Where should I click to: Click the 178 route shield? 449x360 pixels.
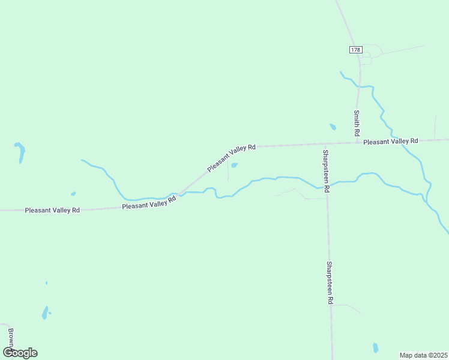355,50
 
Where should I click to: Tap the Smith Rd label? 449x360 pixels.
356,122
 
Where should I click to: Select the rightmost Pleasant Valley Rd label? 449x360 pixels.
391,141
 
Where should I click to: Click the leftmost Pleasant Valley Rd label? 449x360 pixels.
52,211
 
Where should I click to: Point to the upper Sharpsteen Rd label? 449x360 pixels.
325,170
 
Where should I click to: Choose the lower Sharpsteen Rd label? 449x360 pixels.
330,283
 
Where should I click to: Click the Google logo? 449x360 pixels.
20,353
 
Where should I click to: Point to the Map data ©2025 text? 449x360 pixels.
424,355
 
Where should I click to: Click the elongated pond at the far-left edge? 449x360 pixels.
21,152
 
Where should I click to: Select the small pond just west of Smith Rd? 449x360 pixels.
333,127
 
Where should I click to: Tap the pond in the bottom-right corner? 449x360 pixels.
376,348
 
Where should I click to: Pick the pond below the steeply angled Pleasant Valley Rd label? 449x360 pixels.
234,165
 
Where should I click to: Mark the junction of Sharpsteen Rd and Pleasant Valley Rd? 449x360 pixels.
325,145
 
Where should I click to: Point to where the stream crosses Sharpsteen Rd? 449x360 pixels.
327,185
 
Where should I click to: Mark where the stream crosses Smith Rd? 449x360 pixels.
359,86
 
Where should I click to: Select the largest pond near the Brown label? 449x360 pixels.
44,313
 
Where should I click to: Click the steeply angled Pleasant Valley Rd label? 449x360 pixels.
232,158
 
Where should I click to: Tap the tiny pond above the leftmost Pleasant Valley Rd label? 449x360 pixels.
73,194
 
